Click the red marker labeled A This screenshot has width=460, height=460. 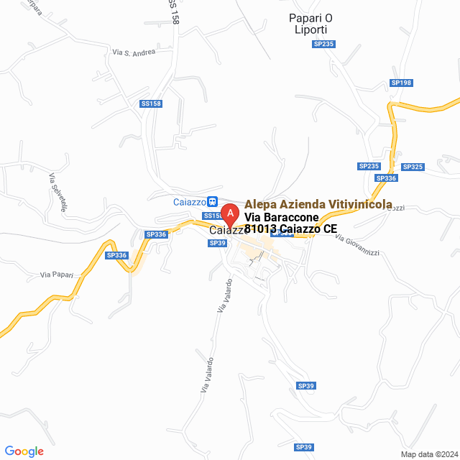(229, 214)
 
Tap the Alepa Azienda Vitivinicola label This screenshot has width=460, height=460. (318, 205)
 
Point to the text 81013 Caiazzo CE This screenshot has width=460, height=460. (290, 229)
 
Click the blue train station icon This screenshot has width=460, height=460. (212, 202)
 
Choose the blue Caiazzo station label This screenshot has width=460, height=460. (189, 202)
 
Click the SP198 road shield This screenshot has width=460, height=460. (401, 83)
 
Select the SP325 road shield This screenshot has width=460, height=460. (413, 167)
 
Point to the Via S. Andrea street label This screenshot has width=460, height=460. (134, 52)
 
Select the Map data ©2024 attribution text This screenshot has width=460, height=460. (428, 454)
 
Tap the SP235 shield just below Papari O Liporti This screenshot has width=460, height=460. (323, 44)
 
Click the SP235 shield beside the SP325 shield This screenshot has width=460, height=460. (369, 166)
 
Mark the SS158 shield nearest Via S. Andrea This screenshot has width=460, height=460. (151, 103)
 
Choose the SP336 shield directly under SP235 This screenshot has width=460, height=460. (386, 178)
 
